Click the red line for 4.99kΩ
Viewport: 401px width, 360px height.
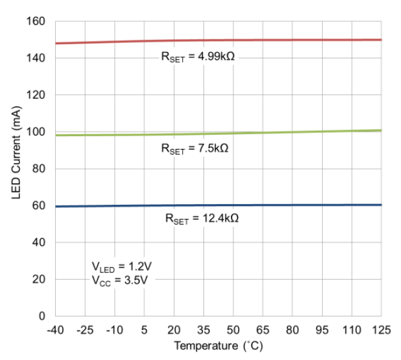[x=218, y=40]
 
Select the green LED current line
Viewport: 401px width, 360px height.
[x=218, y=133]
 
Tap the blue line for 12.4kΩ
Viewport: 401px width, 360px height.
[x=218, y=205]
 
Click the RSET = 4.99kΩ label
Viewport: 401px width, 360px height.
[x=198, y=56]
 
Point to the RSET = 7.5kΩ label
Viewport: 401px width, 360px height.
[x=194, y=148]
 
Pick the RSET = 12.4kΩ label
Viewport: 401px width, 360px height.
[x=201, y=219]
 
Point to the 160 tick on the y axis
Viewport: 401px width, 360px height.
[x=36, y=22]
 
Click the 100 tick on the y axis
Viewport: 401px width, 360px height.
[x=36, y=132]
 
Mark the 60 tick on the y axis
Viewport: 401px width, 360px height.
[x=38, y=206]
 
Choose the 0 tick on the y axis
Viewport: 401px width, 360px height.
[x=42, y=316]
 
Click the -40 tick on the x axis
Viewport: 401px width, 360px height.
[x=55, y=330]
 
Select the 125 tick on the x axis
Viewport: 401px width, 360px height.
[x=381, y=330]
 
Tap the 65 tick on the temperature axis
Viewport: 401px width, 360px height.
[x=262, y=330]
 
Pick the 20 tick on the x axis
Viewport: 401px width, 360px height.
[x=174, y=330]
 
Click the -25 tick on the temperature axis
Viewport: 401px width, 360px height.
[x=85, y=330]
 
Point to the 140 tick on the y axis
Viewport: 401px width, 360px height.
[x=36, y=58]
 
